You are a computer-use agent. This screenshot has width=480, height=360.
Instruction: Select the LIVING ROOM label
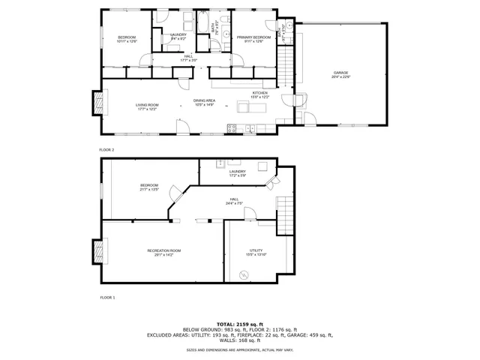(x=147, y=104)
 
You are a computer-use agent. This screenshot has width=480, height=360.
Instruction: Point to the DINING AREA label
(x=204, y=101)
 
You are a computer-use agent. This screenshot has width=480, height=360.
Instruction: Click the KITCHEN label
(x=259, y=94)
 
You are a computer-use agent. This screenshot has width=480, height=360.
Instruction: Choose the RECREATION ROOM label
(x=163, y=250)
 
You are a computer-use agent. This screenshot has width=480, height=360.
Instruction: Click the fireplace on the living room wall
(x=96, y=102)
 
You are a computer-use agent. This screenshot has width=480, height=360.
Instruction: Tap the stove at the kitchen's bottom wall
(x=249, y=128)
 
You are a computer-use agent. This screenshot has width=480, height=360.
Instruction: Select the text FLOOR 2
(x=106, y=150)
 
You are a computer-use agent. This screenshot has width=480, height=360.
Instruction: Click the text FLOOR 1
(x=106, y=298)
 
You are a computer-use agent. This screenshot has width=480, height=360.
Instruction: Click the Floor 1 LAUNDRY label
(x=237, y=172)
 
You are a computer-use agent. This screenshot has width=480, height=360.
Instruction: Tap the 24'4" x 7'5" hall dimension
(x=238, y=203)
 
